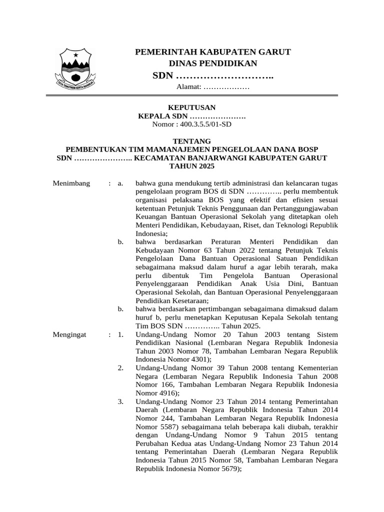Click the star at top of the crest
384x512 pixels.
[76, 54]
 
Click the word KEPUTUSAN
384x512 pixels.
[191, 107]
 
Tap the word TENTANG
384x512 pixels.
[191, 141]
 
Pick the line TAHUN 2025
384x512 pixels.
[191, 165]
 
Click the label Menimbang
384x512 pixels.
[71, 183]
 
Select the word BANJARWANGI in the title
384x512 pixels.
[231, 157]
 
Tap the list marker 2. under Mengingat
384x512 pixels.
[120, 368]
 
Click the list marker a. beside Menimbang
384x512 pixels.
[120, 183]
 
